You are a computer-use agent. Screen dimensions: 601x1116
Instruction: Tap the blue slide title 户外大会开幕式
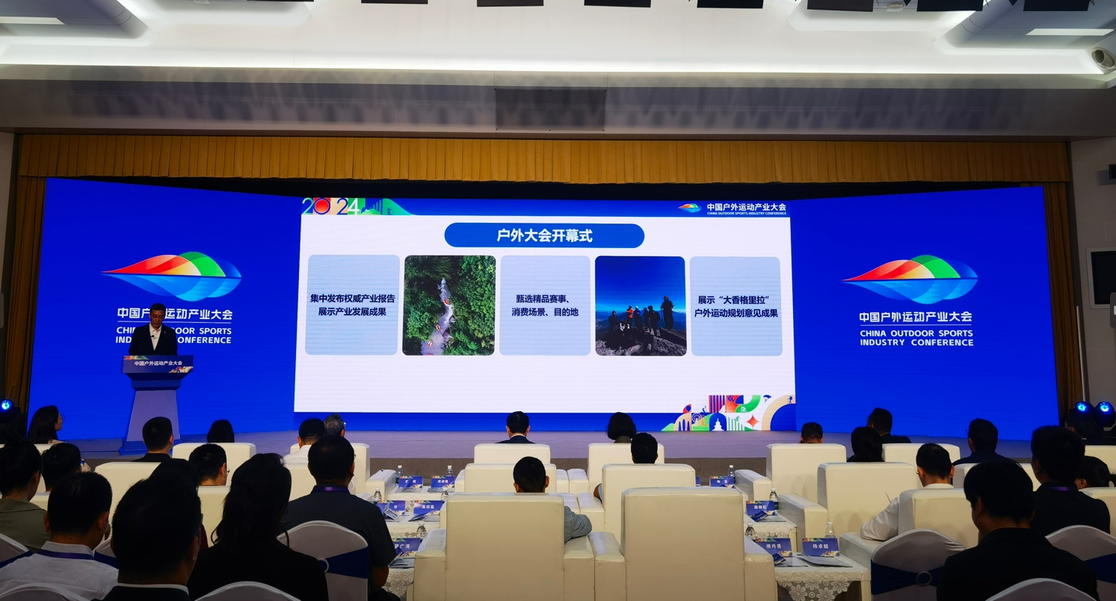[544, 235]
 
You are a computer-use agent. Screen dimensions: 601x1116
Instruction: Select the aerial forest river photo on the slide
[448, 305]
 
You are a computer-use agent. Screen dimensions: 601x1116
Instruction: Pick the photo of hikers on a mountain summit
[640, 305]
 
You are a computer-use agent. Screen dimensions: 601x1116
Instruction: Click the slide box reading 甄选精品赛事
[544, 305]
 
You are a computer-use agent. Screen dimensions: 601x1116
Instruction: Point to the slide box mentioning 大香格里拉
[736, 306]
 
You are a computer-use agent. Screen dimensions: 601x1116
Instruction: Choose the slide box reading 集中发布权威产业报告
[352, 304]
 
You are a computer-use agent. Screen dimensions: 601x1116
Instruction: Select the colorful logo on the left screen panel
[173, 275]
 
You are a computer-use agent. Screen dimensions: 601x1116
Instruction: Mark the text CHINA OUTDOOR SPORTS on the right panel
[916, 333]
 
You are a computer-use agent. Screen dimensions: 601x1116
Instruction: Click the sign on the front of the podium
[158, 364]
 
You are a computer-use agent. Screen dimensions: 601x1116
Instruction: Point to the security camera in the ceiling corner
[1103, 58]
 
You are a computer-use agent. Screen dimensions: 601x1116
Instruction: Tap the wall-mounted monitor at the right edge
[1101, 277]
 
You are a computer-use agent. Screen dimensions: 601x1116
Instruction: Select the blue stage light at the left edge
[6, 406]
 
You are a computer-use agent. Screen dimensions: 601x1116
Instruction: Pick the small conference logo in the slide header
[688, 208]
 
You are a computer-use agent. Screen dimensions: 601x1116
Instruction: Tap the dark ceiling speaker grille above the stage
[550, 109]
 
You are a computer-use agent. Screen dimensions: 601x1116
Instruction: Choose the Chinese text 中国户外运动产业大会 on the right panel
[916, 317]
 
